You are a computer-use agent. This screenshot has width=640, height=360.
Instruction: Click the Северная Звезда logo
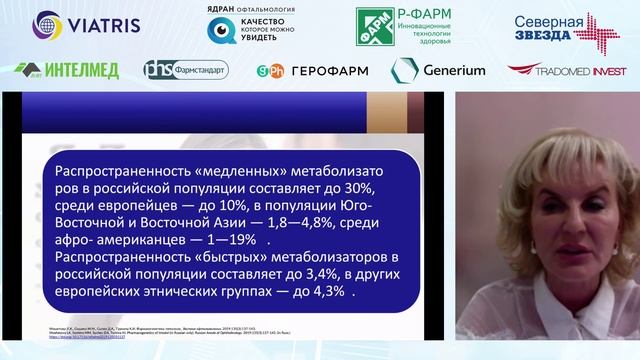click(566, 27)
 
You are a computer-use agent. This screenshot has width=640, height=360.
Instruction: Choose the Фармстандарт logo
click(185, 70)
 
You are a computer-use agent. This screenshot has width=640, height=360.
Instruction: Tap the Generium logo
click(438, 70)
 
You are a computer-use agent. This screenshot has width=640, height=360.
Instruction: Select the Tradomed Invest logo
click(565, 70)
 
